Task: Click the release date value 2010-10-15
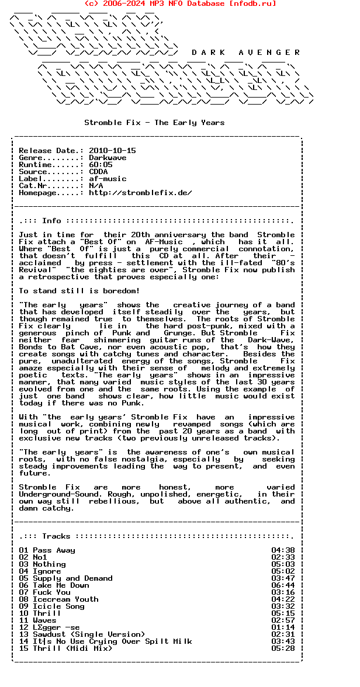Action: pyautogui.click(x=112, y=151)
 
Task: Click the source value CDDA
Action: pyautogui.click(x=98, y=172)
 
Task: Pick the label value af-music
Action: pyautogui.click(x=108, y=179)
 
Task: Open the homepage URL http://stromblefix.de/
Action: pyautogui.click(x=140, y=193)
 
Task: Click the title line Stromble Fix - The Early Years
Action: pyautogui.click(x=154, y=123)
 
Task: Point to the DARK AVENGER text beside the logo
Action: pyautogui.click(x=245, y=53)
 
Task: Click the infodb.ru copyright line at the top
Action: pyautogui.click(x=180, y=4)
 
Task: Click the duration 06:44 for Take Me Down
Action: pyautogui.click(x=283, y=585)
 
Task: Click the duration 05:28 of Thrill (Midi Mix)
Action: pyautogui.click(x=283, y=648)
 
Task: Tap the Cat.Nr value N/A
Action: pyautogui.click(x=96, y=186)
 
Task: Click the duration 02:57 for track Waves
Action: pyautogui.click(x=283, y=620)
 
